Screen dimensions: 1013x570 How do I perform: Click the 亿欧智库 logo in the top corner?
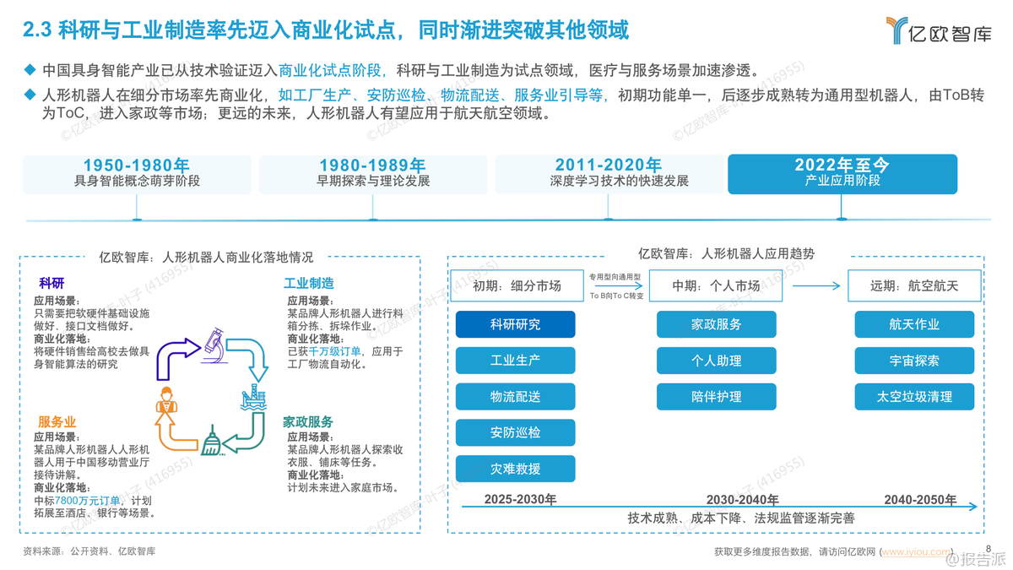tap(939, 30)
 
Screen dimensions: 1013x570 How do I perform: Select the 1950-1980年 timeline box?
tap(137, 175)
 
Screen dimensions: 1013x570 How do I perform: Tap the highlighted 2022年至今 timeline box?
tap(842, 174)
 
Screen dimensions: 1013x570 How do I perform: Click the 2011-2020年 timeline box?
tap(609, 175)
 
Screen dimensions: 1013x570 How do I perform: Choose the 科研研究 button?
tap(515, 324)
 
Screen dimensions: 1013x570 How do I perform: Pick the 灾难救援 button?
tap(515, 469)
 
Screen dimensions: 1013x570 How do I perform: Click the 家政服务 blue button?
tap(717, 324)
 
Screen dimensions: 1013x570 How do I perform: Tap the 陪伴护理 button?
tap(717, 397)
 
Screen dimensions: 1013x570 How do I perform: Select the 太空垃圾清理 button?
tap(914, 397)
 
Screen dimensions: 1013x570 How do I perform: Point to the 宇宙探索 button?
tap(914, 361)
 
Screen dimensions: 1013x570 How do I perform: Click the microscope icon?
tap(214, 345)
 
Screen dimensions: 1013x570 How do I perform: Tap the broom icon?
tap(211, 440)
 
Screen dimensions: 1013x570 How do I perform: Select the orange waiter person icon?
tap(166, 400)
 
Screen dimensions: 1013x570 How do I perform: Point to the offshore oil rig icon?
tap(252, 397)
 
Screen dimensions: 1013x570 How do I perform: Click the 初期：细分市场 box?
tap(517, 286)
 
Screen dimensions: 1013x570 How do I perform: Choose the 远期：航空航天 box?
tap(914, 286)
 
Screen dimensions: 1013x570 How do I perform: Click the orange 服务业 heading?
tap(57, 422)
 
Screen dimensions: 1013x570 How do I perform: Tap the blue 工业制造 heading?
tap(309, 284)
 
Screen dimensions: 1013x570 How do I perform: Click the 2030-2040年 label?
tap(743, 499)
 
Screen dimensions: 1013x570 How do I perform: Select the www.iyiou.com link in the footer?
tap(916, 552)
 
